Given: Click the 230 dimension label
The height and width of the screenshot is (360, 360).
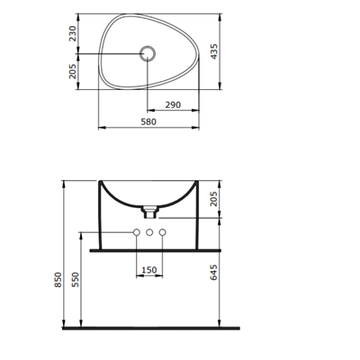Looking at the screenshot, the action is pyautogui.click(x=73, y=33).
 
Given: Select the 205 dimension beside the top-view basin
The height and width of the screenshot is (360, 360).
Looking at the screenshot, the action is pyautogui.click(x=73, y=71).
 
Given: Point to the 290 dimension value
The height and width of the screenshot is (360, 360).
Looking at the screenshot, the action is pyautogui.click(x=173, y=105).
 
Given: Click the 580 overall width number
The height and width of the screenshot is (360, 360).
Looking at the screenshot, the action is pyautogui.click(x=148, y=121).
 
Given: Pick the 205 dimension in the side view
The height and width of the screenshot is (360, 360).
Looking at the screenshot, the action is pyautogui.click(x=213, y=199).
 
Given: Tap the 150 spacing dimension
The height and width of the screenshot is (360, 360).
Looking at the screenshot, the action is pyautogui.click(x=149, y=270).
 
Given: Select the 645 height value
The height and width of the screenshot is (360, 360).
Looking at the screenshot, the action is pyautogui.click(x=213, y=273).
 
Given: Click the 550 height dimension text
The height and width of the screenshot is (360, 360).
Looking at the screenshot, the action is pyautogui.click(x=76, y=279).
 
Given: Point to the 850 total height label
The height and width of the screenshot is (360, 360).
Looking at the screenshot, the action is pyautogui.click(x=58, y=280).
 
